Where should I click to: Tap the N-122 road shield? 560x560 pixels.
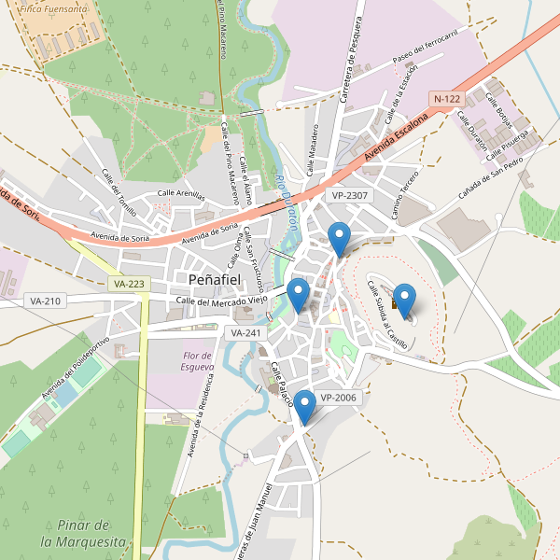[x=447, y=99]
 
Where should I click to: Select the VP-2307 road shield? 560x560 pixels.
[x=350, y=195]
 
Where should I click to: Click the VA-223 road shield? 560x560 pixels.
[x=128, y=283]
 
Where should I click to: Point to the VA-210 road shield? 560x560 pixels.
[x=45, y=301]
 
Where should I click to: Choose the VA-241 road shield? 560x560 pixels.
[x=245, y=332]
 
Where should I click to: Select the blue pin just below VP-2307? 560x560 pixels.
[x=340, y=238]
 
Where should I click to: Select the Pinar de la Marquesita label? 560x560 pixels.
[x=83, y=533]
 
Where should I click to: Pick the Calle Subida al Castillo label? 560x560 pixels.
[x=387, y=315]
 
